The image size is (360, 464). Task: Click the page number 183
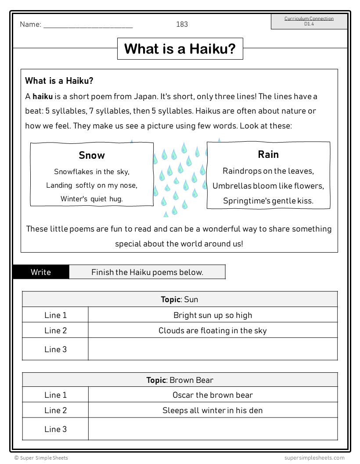click(182, 24)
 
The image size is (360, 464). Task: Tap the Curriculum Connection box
click(309, 21)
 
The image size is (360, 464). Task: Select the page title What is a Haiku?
click(180, 49)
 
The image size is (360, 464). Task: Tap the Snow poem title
click(92, 155)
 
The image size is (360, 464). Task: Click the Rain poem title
click(268, 154)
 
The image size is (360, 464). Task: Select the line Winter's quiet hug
click(92, 199)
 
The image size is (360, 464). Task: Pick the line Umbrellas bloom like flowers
click(268, 186)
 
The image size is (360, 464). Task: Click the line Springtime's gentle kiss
click(268, 201)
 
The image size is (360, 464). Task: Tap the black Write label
click(41, 272)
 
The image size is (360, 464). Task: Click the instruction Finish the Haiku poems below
click(147, 272)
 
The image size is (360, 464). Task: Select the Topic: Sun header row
click(180, 300)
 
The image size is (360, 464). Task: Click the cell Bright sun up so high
click(212, 315)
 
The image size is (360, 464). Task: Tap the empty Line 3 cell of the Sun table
click(212, 349)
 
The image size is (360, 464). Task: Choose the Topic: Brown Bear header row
click(180, 380)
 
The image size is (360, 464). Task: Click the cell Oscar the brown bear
click(212, 395)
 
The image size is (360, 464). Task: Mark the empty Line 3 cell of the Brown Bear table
click(212, 429)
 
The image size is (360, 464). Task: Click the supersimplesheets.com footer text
click(314, 458)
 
